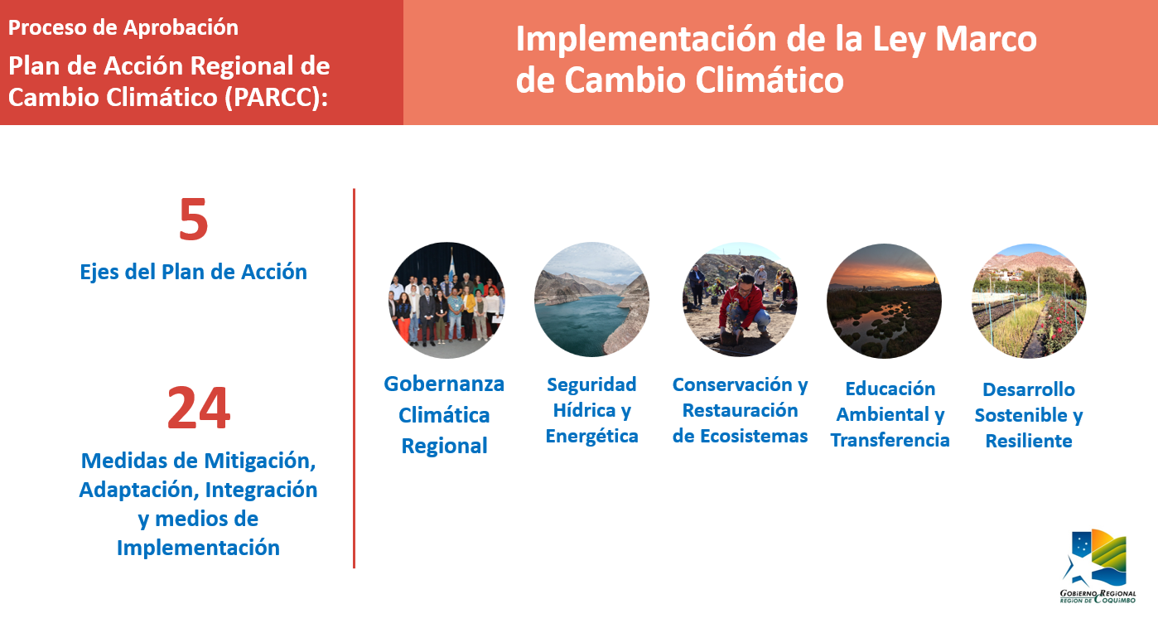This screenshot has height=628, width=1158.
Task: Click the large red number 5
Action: [x=193, y=220]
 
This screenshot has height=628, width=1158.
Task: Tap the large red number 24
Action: [x=199, y=408]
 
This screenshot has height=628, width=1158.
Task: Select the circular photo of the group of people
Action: [x=446, y=300]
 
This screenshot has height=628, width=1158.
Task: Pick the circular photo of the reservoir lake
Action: [x=591, y=300]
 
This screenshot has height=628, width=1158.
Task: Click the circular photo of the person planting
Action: [x=740, y=300]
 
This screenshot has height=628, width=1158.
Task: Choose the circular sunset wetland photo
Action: [x=884, y=301]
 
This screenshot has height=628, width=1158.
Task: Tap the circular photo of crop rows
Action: [x=1029, y=301]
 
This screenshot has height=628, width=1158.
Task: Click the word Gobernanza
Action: [x=444, y=384]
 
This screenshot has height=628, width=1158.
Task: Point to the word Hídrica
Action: [x=584, y=410]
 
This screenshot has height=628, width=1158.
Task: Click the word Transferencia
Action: [x=890, y=441]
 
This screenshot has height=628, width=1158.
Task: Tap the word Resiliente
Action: [x=1029, y=442]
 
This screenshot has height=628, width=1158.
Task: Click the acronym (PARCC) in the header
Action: [x=277, y=97]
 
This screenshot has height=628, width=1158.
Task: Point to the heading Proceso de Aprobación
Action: [x=123, y=28]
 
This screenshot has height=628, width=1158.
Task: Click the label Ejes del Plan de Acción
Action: [x=193, y=272]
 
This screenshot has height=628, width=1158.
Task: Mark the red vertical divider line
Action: [x=355, y=379]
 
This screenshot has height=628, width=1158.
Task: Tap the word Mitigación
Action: [x=261, y=461]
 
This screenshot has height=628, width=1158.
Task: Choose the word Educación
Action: [x=890, y=389]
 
